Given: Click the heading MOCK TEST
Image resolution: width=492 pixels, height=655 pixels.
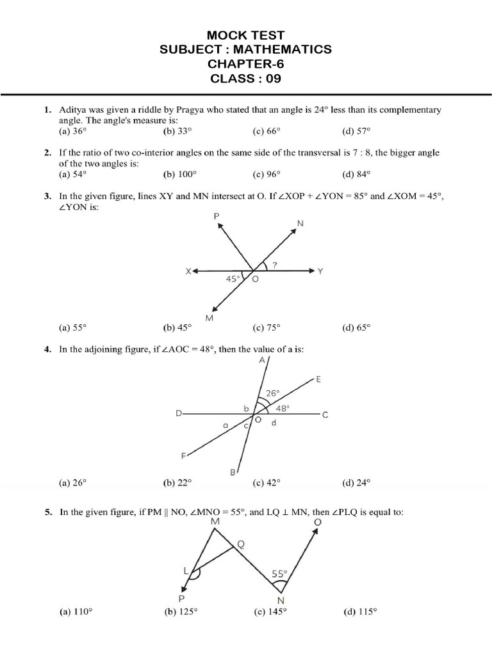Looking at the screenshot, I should pyautogui.click(x=246, y=35).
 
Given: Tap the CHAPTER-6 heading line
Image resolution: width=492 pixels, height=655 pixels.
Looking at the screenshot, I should pyautogui.click(x=246, y=65).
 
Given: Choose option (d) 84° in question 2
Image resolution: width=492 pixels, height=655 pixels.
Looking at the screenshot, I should pyautogui.click(x=356, y=174).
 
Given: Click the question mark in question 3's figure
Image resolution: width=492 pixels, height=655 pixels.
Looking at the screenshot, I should pyautogui.click(x=274, y=264).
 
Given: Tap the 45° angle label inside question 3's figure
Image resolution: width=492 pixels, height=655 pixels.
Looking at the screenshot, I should pyautogui.click(x=233, y=280).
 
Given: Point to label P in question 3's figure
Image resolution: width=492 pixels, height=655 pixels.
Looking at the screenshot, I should pyautogui.click(x=216, y=217).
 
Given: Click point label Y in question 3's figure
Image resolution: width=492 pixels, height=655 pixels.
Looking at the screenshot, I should pyautogui.click(x=320, y=272).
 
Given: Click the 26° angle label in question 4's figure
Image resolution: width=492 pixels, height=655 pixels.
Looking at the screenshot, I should pyautogui.click(x=273, y=394).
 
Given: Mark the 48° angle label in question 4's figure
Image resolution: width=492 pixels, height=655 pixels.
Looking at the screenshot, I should pyautogui.click(x=283, y=407).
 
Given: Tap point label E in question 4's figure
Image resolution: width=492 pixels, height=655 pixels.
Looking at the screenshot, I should pyautogui.click(x=318, y=380).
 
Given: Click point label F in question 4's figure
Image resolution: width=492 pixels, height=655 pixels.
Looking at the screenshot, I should pyautogui.click(x=183, y=455).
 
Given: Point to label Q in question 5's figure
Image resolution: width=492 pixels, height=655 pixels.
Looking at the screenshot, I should pyautogui.click(x=241, y=545).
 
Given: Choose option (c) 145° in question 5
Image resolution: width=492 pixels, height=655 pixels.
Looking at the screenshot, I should pyautogui.click(x=269, y=611).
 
